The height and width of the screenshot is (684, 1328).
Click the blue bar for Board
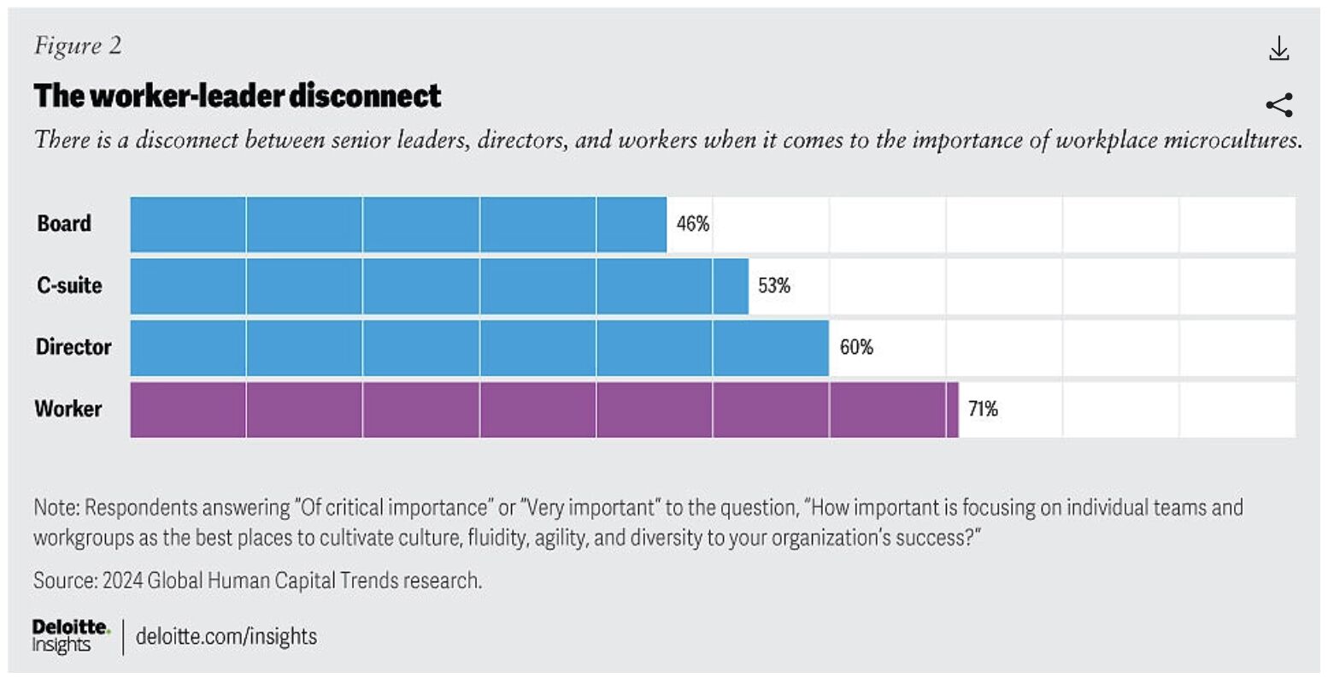click(398, 224)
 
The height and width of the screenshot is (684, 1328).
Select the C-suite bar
click(439, 286)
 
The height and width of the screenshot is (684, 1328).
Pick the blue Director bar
click(479, 347)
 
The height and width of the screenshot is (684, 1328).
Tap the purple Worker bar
click(544, 410)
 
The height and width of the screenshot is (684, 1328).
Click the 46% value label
click(693, 224)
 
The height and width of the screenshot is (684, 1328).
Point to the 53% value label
click(774, 286)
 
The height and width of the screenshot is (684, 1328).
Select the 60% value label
click(856, 347)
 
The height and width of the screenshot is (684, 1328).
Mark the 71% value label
click(983, 410)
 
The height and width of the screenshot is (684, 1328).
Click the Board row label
click(64, 224)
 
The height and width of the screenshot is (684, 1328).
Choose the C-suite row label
click(69, 286)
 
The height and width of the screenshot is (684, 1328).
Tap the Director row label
click(73, 347)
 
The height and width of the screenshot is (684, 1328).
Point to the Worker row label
click(68, 410)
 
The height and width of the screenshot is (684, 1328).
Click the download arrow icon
click(1278, 49)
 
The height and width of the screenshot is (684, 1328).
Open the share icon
click(1278, 105)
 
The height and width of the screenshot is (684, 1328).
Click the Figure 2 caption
click(78, 46)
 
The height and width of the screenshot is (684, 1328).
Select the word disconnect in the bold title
click(365, 96)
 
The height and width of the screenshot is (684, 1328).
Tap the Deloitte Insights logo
click(71, 636)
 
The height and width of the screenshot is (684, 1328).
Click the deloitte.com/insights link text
click(226, 637)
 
